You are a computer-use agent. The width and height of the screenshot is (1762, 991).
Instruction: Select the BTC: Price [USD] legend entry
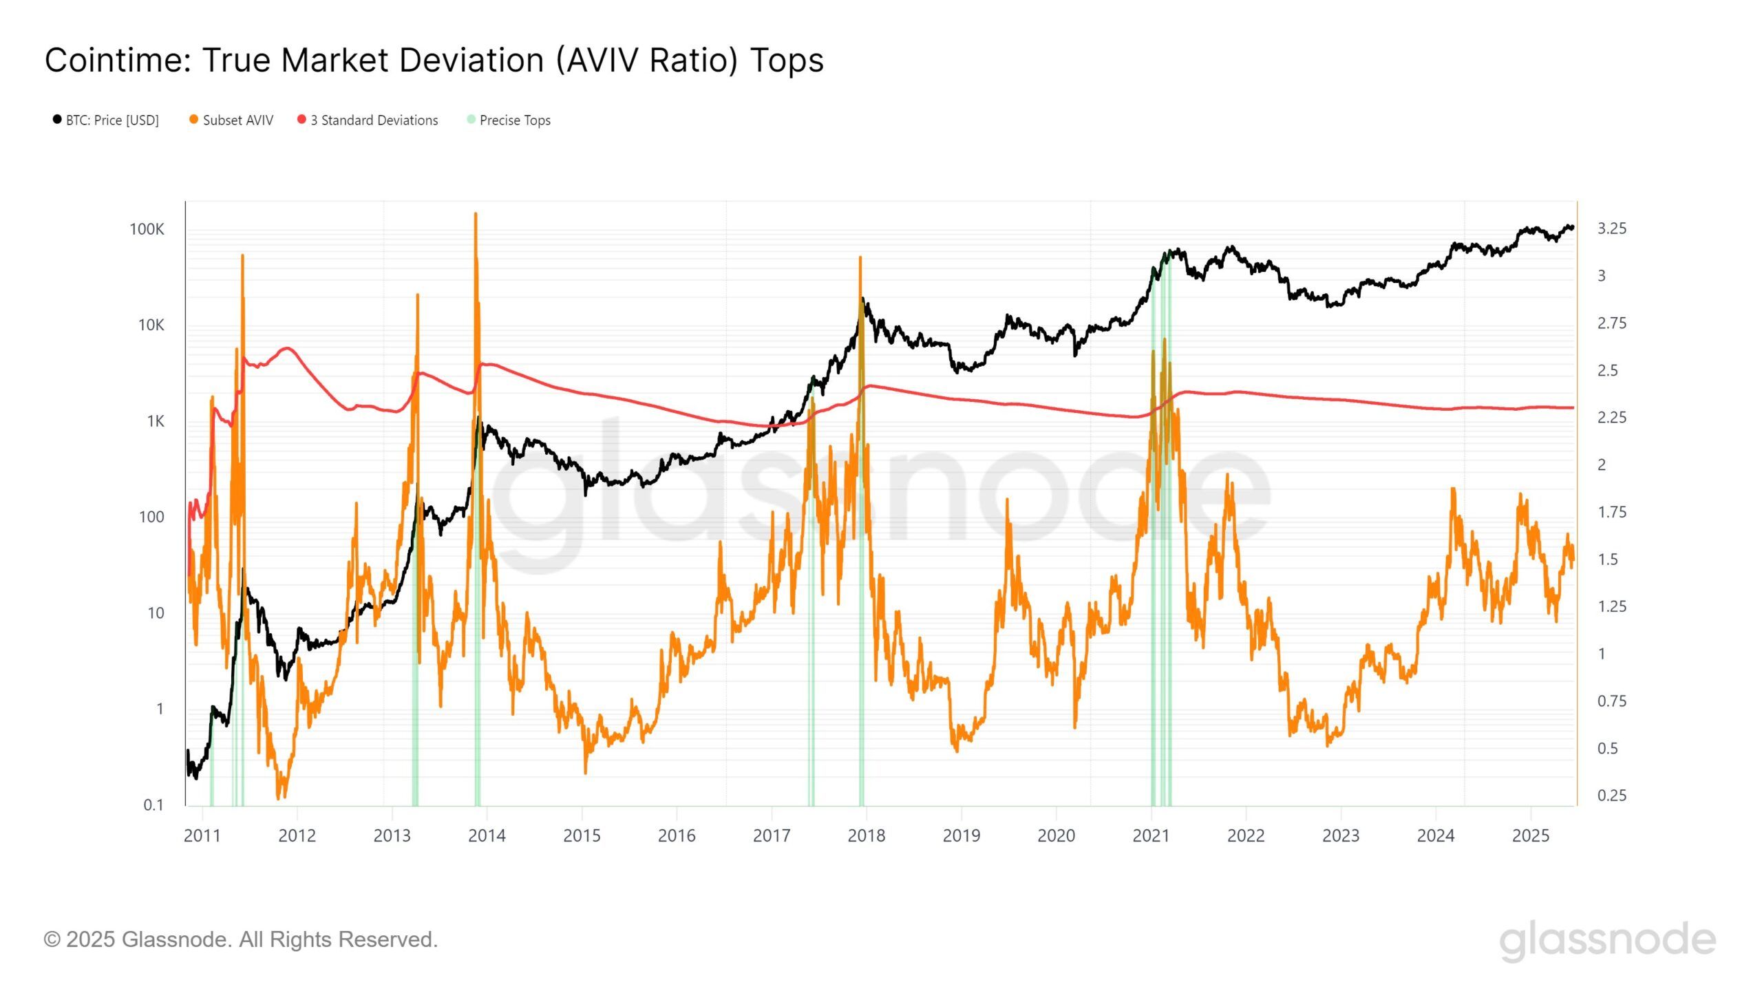click(x=112, y=120)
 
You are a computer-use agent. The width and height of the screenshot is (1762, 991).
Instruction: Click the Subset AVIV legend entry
click(x=237, y=120)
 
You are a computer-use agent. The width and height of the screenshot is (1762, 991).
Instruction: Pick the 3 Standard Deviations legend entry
click(x=374, y=120)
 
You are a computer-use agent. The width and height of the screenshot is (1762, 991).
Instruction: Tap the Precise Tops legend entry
click(x=514, y=120)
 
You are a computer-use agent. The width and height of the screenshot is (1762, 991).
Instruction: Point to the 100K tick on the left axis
click(x=147, y=230)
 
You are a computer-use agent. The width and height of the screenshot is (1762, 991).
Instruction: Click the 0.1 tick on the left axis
click(x=153, y=805)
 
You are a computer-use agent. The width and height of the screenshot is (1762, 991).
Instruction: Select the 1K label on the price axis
click(x=155, y=421)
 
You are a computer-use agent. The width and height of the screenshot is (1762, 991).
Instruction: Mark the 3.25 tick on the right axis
click(x=1611, y=228)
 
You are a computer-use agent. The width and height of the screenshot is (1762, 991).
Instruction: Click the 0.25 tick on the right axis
click(x=1611, y=796)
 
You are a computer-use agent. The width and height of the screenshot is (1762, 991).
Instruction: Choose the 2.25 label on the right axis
click(x=1611, y=418)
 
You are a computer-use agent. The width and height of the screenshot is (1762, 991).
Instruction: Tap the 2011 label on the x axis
click(x=202, y=836)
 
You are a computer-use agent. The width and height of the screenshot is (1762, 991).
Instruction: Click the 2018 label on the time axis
click(x=866, y=836)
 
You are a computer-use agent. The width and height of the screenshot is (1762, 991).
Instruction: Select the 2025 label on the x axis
click(x=1530, y=836)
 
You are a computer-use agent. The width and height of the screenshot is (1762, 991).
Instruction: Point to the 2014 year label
click(x=487, y=836)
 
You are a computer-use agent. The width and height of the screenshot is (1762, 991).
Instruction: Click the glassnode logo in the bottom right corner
click(x=1607, y=940)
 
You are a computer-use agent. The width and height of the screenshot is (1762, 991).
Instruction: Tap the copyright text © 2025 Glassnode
click(x=240, y=940)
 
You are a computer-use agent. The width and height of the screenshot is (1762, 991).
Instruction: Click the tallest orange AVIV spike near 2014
click(x=476, y=215)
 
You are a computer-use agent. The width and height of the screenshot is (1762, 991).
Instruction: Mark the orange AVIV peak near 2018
click(x=860, y=259)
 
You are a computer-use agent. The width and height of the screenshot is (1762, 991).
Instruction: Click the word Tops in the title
click(x=787, y=61)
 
